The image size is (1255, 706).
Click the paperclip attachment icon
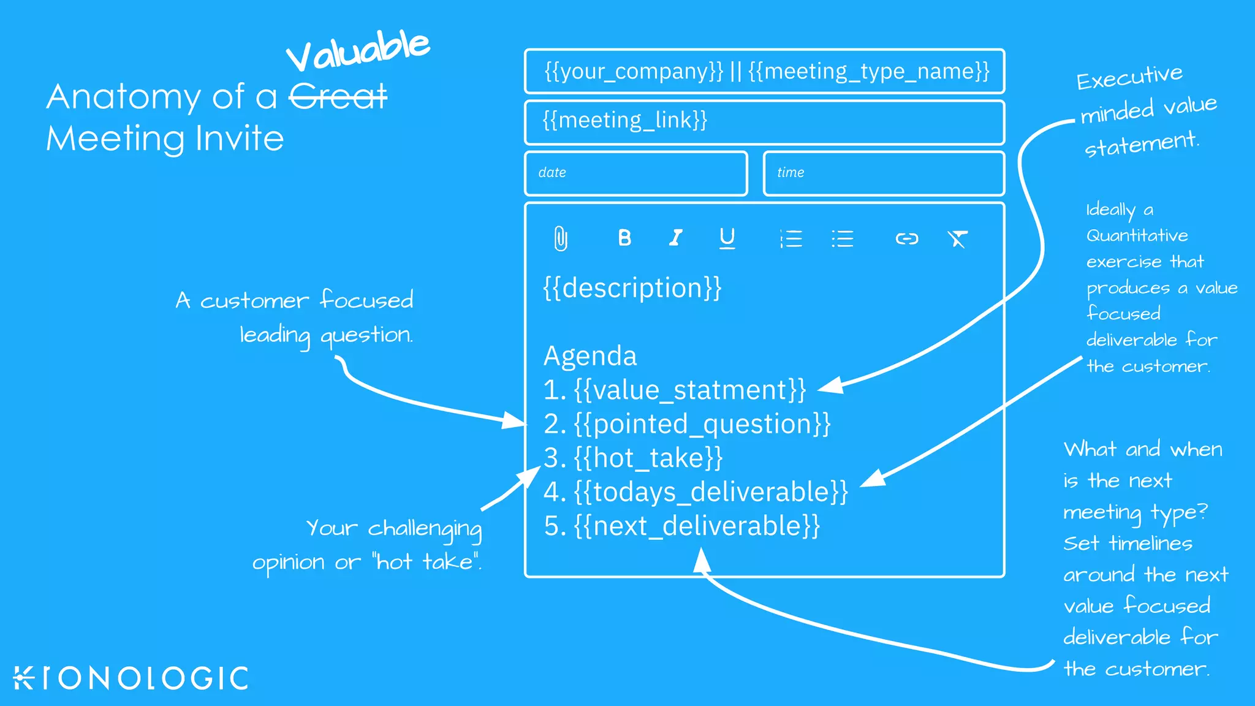click(x=561, y=238)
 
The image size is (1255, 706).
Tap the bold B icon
click(x=624, y=238)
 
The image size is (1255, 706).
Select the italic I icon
click(x=676, y=238)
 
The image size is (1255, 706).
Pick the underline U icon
click(x=727, y=238)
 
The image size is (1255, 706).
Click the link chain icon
click(x=907, y=238)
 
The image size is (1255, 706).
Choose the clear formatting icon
click(x=958, y=238)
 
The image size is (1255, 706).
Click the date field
click(x=636, y=173)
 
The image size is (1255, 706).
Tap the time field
click(x=883, y=173)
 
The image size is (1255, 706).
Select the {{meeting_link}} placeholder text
click(x=625, y=120)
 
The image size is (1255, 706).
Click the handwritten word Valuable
click(x=358, y=51)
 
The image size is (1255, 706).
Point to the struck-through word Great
click(x=338, y=97)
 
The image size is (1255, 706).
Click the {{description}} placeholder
click(x=632, y=288)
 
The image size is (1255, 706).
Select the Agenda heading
click(x=590, y=356)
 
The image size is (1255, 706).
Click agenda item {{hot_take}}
click(x=648, y=458)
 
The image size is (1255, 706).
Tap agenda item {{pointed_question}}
click(x=702, y=424)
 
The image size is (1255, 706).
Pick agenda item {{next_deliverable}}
click(x=697, y=526)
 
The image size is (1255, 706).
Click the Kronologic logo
click(x=131, y=678)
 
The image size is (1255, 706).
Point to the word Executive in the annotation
click(x=1129, y=77)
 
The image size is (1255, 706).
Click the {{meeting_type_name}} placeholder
click(x=868, y=72)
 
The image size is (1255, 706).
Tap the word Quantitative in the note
click(x=1137, y=236)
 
